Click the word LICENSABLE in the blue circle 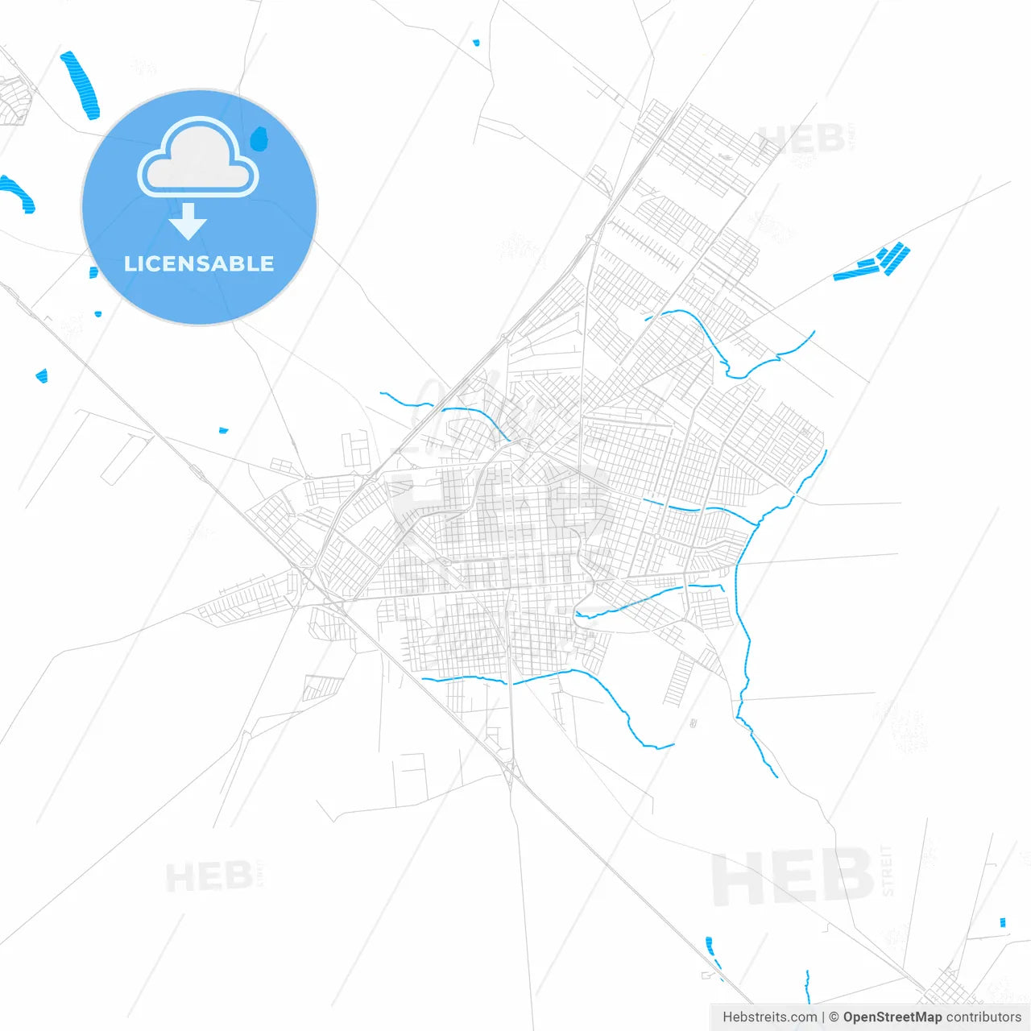click(x=199, y=263)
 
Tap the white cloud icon click(x=198, y=159)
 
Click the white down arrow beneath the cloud click(x=188, y=222)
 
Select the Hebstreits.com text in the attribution click(x=769, y=1017)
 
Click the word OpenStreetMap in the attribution click(x=892, y=1017)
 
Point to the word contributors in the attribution click(x=983, y=1017)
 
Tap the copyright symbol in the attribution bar click(x=834, y=1017)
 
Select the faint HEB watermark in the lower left click(x=209, y=876)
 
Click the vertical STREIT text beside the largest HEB click(x=887, y=870)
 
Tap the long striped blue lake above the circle click(x=81, y=85)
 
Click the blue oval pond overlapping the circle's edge click(x=259, y=139)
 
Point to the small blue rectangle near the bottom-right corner click(x=1002, y=922)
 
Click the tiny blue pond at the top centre click(x=476, y=42)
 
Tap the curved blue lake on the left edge click(x=18, y=194)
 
